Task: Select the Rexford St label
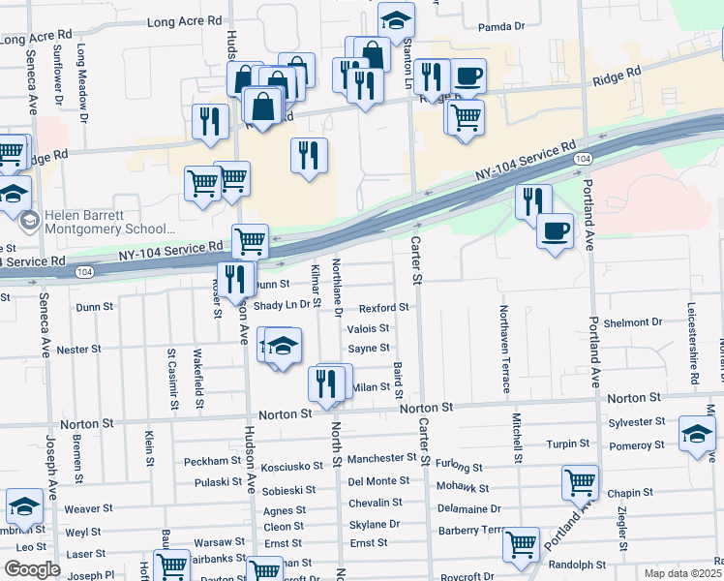tap(384, 307)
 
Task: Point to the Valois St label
tap(368, 328)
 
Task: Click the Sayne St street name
tap(368, 348)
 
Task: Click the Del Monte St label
tap(378, 480)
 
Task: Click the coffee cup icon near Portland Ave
tap(556, 231)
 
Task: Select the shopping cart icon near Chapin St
tap(580, 481)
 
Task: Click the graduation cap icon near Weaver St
tap(23, 506)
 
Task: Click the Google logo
tap(32, 569)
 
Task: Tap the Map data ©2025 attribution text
tap(681, 572)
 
